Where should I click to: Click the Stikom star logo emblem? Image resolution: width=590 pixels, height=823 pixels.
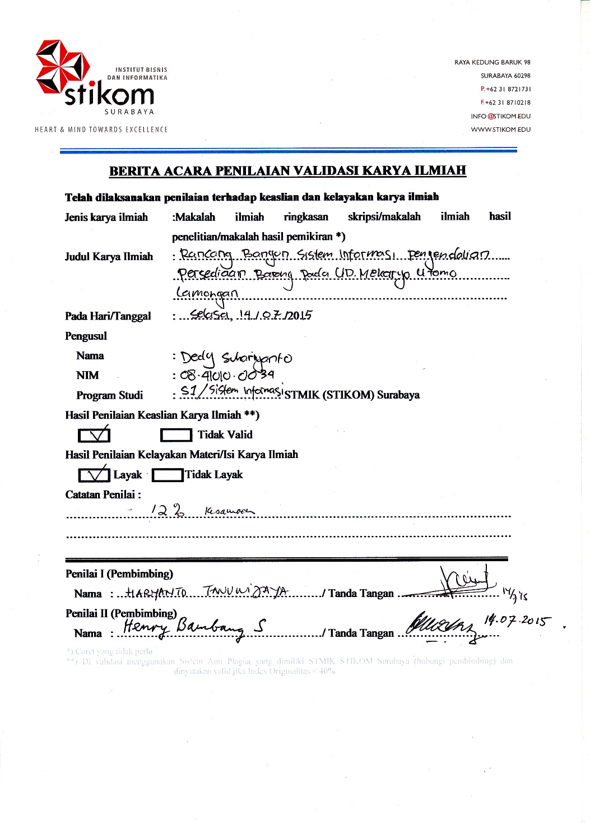[62, 67]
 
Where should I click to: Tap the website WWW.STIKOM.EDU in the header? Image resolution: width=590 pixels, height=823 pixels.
[500, 130]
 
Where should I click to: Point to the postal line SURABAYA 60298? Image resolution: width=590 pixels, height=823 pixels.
[505, 76]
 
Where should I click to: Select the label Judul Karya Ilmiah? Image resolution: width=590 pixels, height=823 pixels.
[109, 257]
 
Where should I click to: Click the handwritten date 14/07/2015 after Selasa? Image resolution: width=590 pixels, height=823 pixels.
[275, 315]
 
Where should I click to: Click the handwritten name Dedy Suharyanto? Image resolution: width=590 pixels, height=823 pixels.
[236, 357]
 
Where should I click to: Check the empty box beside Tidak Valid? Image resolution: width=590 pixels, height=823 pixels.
[176, 435]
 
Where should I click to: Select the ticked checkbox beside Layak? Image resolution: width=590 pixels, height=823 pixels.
[94, 475]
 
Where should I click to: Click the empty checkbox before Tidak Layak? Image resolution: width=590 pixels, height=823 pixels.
[168, 475]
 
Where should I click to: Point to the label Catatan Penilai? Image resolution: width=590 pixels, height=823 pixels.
[103, 494]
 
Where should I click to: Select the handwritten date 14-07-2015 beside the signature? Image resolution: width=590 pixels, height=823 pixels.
[517, 621]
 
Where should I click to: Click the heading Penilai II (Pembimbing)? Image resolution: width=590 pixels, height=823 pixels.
[121, 613]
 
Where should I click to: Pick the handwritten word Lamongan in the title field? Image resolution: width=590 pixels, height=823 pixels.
[207, 293]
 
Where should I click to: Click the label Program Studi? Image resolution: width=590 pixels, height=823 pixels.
[109, 395]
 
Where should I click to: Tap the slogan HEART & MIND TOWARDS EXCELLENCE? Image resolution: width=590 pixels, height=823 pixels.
[101, 130]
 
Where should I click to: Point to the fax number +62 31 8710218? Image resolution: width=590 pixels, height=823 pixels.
[507, 103]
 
